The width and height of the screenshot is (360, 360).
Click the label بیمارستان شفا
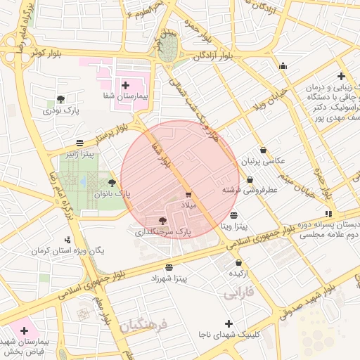[x=126, y=98]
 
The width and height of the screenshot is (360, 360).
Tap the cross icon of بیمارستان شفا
[x=126, y=85]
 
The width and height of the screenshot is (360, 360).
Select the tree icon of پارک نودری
[x=60, y=99]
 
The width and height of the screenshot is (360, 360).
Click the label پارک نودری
[x=61, y=111]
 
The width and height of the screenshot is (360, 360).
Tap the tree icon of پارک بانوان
[x=112, y=183]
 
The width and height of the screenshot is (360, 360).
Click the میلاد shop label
[x=192, y=204]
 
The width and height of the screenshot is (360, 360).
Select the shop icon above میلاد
[x=188, y=193]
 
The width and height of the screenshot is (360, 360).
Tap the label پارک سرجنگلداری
[x=162, y=231]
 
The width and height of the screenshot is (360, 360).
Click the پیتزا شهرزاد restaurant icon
[x=169, y=267]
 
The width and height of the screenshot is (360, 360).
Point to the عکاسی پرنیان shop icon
[x=263, y=150]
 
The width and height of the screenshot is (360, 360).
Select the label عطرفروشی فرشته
[x=250, y=190]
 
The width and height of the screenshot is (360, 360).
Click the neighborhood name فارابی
[x=238, y=294]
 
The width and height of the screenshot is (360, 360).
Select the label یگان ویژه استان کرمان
[x=69, y=250]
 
